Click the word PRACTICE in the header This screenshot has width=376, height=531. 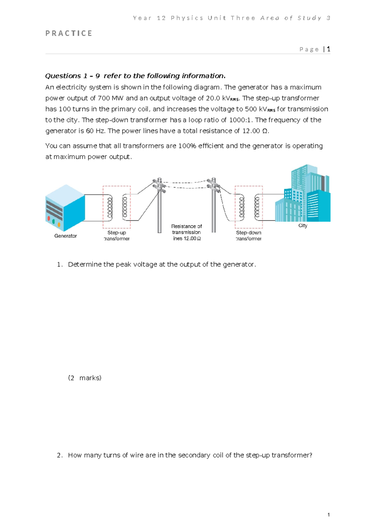(x=69, y=33)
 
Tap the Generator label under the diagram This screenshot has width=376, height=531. (x=65, y=236)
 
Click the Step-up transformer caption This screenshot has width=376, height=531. (x=117, y=235)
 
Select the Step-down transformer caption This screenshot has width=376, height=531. (x=248, y=235)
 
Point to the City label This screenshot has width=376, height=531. (x=303, y=225)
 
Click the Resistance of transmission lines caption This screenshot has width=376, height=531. (x=186, y=232)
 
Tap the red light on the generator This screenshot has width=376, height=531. (x=49, y=218)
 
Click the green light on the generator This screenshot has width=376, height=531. (x=54, y=221)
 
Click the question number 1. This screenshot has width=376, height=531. (x=60, y=265)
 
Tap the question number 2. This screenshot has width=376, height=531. (x=60, y=455)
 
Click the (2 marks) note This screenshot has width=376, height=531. (x=85, y=378)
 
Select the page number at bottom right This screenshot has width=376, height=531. (x=328, y=515)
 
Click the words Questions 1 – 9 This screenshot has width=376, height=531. (x=72, y=76)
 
